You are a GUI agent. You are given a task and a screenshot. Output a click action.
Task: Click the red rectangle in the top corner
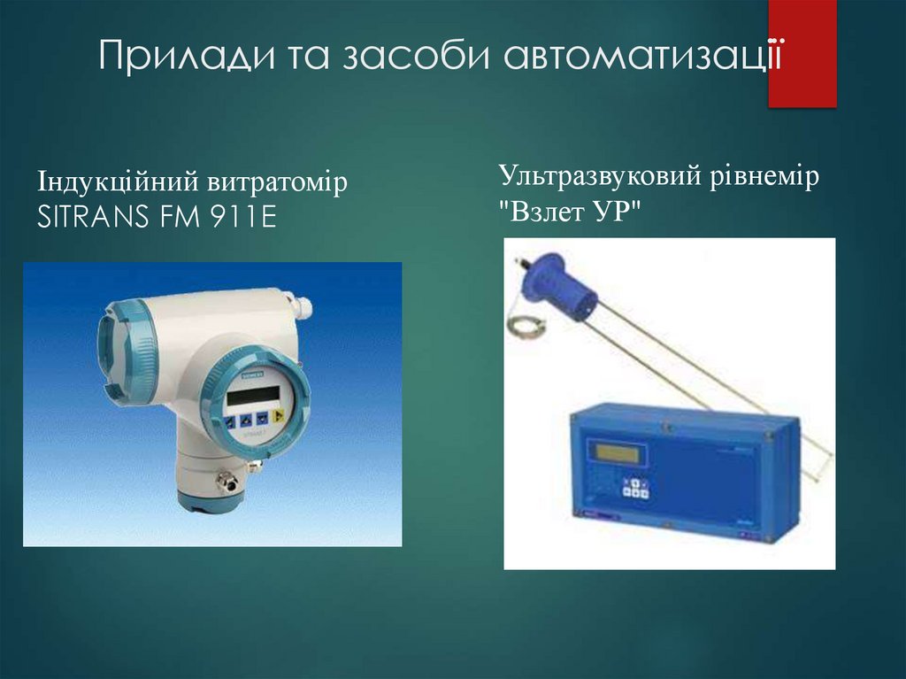pos(802,53)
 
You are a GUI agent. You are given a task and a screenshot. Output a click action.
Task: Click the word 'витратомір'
pos(278,183)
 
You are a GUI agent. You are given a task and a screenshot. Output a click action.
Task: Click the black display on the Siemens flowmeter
pos(251,396)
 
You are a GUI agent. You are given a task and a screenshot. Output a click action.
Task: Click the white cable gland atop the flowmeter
pos(303,307)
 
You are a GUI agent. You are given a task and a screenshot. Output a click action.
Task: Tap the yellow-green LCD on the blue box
pos(619,452)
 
